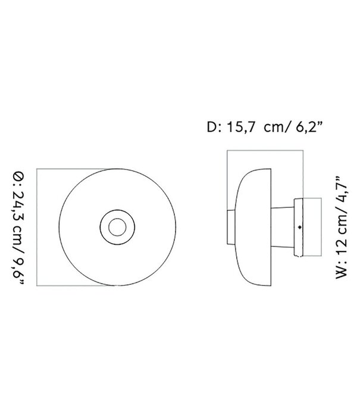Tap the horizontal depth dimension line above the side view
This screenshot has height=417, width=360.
point(265,151)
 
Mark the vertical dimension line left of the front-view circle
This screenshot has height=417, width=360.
point(37,226)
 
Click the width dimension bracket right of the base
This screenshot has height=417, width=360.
point(321,226)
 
